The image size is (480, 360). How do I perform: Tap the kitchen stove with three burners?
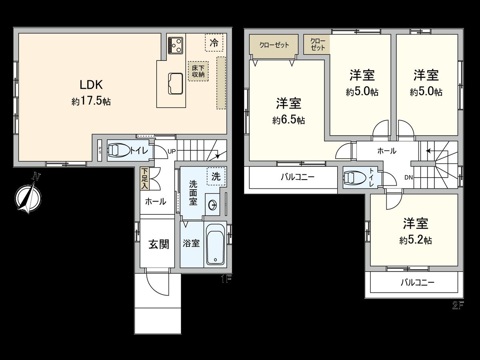pyautogui.click(x=176, y=45)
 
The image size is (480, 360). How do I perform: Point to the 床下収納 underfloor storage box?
pyautogui.click(x=198, y=71)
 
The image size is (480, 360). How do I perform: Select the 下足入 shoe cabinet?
pyautogui.click(x=144, y=178)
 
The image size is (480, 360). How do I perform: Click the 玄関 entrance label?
pyautogui.click(x=159, y=244)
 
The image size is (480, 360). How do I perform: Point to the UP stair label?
pyautogui.click(x=172, y=151)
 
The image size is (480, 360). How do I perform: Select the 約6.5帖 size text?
pyautogui.click(x=288, y=120)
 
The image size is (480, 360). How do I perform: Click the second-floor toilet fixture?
pyautogui.click(x=355, y=178)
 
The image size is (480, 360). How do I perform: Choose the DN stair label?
pyautogui.click(x=408, y=177)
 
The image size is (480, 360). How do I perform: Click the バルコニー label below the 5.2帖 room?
pyautogui.click(x=417, y=282)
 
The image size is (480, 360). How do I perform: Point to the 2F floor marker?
pyautogui.click(x=458, y=306)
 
